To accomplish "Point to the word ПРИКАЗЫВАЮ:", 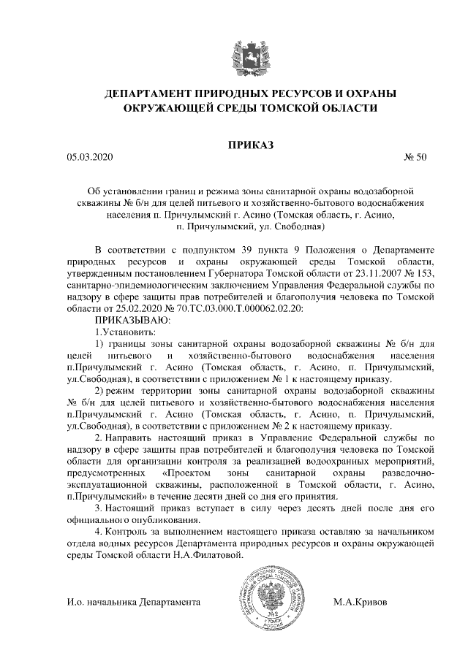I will pos(128,320).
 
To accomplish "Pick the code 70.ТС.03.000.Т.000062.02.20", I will pos(231,308).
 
